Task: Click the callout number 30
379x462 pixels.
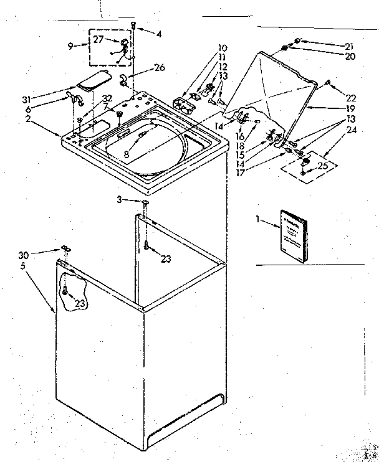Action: pos(24,254)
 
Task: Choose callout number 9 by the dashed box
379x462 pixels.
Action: pos(71,45)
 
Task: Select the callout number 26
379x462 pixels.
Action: pos(161,67)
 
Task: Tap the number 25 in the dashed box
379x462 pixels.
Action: pos(323,166)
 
